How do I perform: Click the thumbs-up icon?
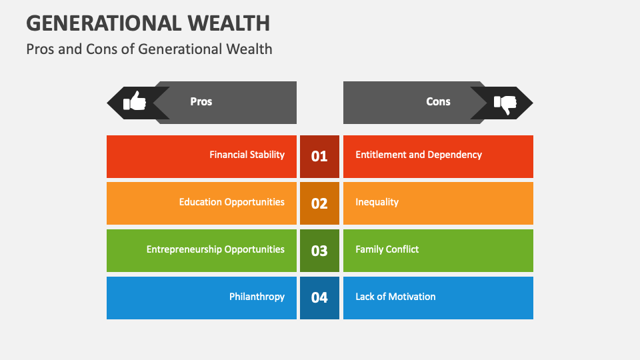point(135,101)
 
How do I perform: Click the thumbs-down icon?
point(505,103)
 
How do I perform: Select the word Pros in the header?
point(201,101)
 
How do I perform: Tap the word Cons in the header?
point(438,101)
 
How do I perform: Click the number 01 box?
point(319,156)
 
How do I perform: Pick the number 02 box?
point(319,203)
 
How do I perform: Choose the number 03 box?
point(319,251)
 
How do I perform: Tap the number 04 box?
point(319,298)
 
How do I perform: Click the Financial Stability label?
point(247,155)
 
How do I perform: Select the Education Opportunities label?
point(231,202)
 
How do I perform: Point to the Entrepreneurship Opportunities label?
point(215,249)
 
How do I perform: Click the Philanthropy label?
point(257,297)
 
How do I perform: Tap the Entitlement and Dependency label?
point(419,155)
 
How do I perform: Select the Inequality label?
point(377,202)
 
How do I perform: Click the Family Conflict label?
point(387,249)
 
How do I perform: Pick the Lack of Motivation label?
point(395,297)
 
